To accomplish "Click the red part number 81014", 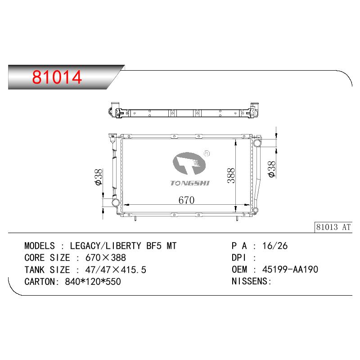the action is point(57,77).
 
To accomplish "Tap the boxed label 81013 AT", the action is point(333,227).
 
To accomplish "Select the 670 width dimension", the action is point(186,200).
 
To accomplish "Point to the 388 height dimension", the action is point(231,175).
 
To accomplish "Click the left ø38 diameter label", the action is point(98,177).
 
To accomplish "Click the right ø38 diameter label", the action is point(271,169).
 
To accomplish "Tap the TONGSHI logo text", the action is point(190,183).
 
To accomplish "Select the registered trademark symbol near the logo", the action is point(207,153).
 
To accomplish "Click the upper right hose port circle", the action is point(257,143).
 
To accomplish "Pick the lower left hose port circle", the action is point(115,202).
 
